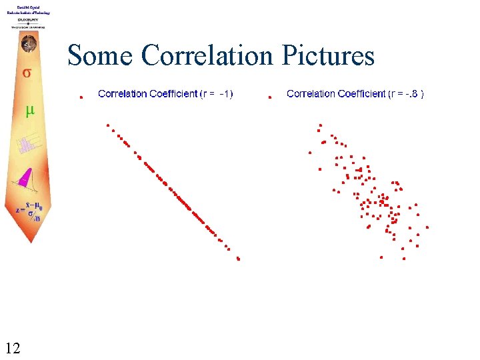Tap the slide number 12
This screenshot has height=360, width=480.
point(12,347)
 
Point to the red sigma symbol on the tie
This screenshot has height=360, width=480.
point(27,72)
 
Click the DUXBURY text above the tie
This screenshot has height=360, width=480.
point(28,20)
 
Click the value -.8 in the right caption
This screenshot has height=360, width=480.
point(413,94)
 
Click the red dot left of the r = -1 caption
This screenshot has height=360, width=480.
point(81,97)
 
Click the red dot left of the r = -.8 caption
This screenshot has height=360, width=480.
point(270,97)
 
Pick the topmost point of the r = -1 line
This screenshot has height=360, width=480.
point(107,125)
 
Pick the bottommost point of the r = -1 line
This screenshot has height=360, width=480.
point(238,259)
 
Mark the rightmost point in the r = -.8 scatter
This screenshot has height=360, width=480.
point(427,227)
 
